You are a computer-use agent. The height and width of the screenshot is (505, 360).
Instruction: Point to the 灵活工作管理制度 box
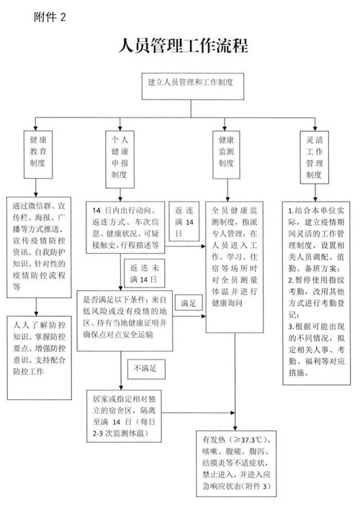coord(312,156)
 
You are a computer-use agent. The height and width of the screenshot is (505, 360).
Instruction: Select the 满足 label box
coord(189,303)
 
